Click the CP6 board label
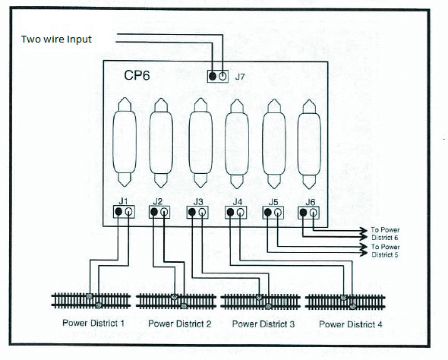pos(137,75)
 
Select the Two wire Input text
pos(56,39)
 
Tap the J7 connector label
pos(240,77)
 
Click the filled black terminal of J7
pos(213,76)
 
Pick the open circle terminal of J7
pos(222,76)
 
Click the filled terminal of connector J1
pos(118,212)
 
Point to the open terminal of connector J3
pos(202,213)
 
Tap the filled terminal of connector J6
pos(304,213)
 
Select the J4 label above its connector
pos(237,202)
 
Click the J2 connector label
pos(157,201)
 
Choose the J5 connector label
pos(273,202)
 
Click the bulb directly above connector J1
pos(125,142)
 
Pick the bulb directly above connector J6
pos(309,144)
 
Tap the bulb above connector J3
pos(200,143)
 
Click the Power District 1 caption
pos(93,323)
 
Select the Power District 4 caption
pos(351,324)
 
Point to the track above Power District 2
pos(176,302)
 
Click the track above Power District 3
pos(260,302)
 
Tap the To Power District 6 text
pos(385,234)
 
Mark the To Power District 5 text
pos(385,251)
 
